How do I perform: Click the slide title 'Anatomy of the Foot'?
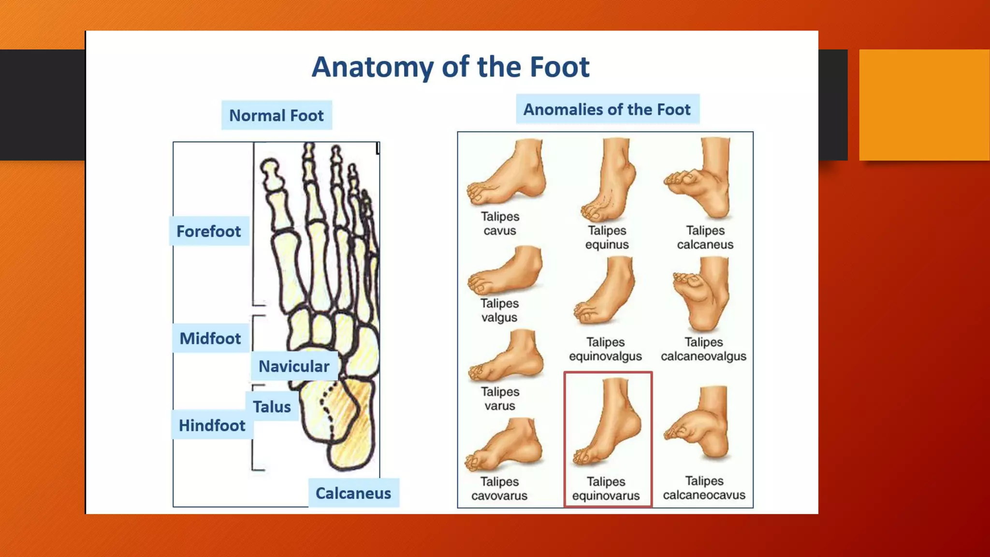(x=450, y=67)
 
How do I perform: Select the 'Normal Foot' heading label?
(x=276, y=116)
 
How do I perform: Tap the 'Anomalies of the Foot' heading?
(x=607, y=109)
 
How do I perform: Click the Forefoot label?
(x=208, y=231)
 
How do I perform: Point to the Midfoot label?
(x=210, y=338)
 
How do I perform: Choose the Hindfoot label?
(x=212, y=425)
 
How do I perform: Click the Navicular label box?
(x=293, y=366)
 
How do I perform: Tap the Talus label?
(x=272, y=407)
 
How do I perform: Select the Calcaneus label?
(x=353, y=493)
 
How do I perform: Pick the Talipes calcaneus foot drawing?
(x=701, y=179)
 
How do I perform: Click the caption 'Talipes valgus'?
(x=499, y=310)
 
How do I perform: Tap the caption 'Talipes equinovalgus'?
(x=605, y=349)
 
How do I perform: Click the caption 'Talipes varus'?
(x=500, y=398)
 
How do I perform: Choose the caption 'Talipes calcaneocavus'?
(x=704, y=488)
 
